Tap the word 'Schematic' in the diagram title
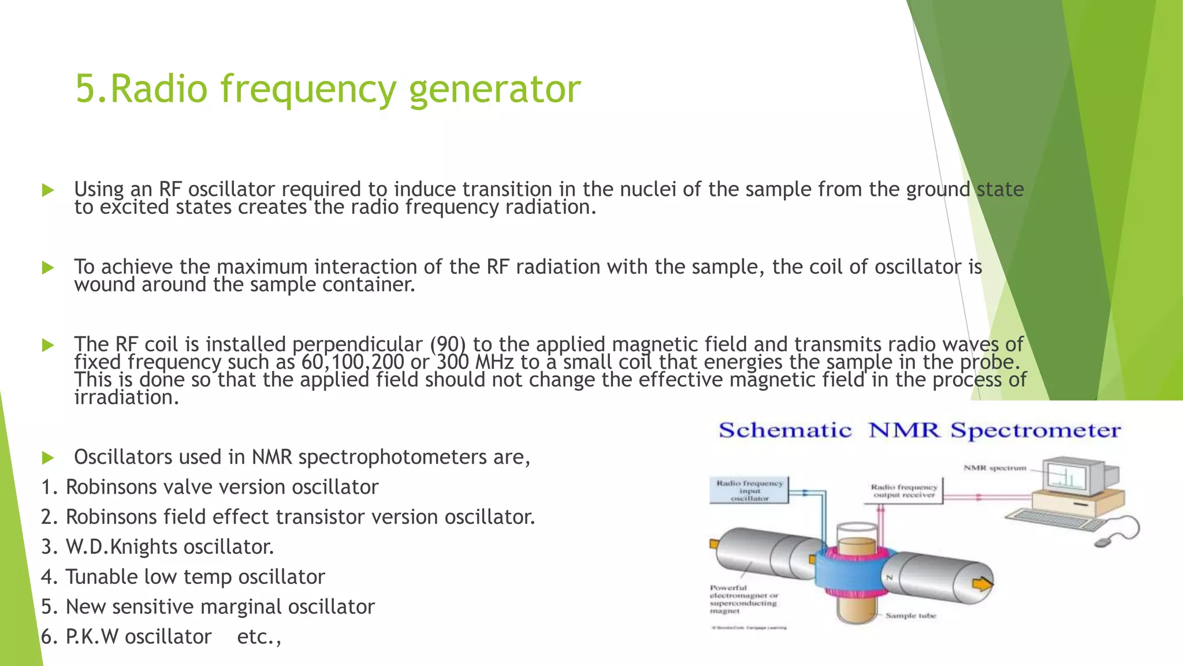coord(784,431)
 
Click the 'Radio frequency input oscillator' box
coord(749,490)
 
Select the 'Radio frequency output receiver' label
coord(903,491)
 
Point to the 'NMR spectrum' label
coord(995,468)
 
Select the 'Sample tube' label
coord(910,616)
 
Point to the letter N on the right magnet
coord(890,577)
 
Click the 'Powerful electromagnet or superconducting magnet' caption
coord(743,599)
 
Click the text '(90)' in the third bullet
coord(448,345)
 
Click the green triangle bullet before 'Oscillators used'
coord(48,458)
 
